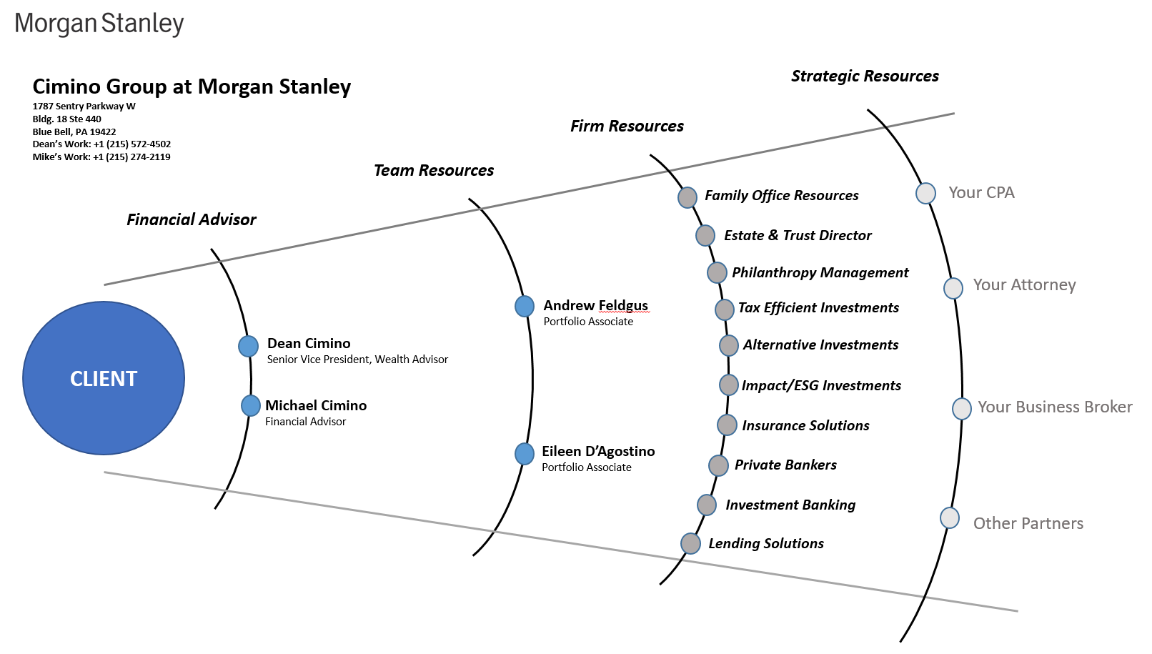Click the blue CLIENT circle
click(104, 378)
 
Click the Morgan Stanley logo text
click(99, 24)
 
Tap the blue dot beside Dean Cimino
click(248, 346)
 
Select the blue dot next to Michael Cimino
click(250, 406)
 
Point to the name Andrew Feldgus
click(595, 306)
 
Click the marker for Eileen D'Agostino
click(525, 454)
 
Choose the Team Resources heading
click(434, 171)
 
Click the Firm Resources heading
click(627, 127)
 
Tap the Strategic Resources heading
click(865, 76)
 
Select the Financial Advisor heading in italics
click(191, 220)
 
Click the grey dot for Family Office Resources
click(687, 197)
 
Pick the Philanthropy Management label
click(820, 273)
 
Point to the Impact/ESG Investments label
click(821, 386)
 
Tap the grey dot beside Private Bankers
click(718, 466)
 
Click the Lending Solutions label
click(766, 544)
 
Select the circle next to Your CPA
click(925, 193)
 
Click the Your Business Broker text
click(1055, 407)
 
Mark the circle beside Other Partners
click(950, 518)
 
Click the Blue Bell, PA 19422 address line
click(74, 132)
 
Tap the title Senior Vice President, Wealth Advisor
click(357, 360)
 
